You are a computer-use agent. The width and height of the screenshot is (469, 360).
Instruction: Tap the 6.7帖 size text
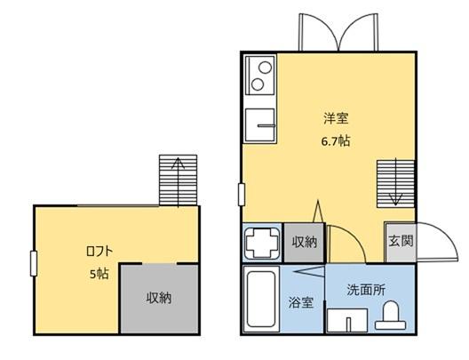pos(335,141)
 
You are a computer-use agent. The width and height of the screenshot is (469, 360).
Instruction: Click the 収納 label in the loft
pos(159,297)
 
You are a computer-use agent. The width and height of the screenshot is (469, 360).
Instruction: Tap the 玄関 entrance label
pos(398,241)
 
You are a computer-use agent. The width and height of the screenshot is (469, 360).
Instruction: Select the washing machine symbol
pos(262,241)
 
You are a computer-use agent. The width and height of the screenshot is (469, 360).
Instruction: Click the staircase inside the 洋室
pos(391,182)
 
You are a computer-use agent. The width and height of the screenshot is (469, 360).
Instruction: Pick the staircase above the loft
pos(178,179)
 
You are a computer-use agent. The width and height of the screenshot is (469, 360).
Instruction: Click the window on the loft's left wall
pos(33,264)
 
